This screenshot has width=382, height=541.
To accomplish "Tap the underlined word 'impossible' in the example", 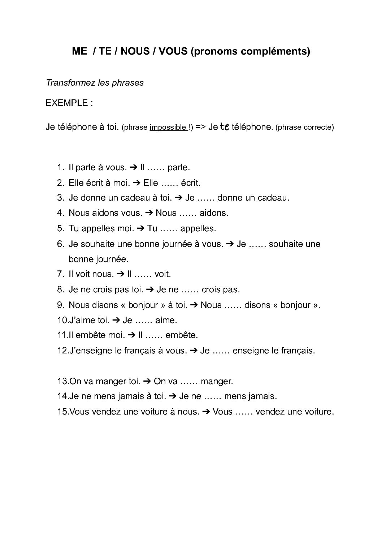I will click(168, 127).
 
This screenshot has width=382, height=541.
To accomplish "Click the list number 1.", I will click(60, 168).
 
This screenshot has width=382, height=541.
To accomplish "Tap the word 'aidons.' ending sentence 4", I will click(214, 213).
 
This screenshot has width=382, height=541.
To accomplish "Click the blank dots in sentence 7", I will click(144, 274).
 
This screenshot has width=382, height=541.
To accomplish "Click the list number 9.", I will click(60, 305).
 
